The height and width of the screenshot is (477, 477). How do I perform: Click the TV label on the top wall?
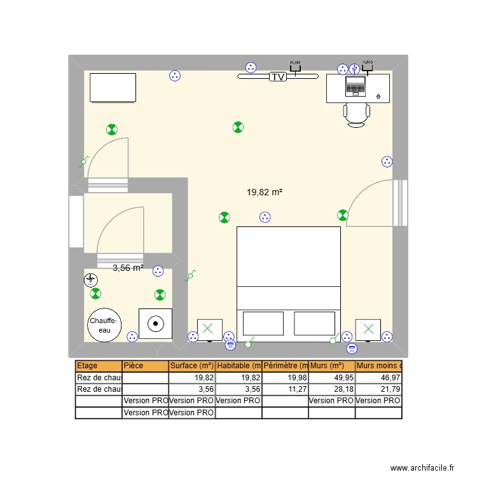click(x=277, y=77)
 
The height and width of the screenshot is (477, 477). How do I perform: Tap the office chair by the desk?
click(x=356, y=114)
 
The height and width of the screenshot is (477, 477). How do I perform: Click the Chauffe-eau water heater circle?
click(x=103, y=325)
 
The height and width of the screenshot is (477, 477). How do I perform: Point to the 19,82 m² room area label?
click(x=264, y=191)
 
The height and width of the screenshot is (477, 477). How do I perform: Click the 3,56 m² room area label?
click(x=128, y=268)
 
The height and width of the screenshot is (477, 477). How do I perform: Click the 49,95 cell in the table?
click(x=331, y=377)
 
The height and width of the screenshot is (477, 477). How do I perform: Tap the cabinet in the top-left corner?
click(x=113, y=88)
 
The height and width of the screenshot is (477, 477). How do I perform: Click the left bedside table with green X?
click(x=209, y=329)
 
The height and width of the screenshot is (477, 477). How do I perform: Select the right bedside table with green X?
click(x=368, y=329)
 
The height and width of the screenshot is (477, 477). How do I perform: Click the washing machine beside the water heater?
click(x=155, y=324)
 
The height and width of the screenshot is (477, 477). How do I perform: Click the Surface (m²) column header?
click(x=191, y=366)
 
